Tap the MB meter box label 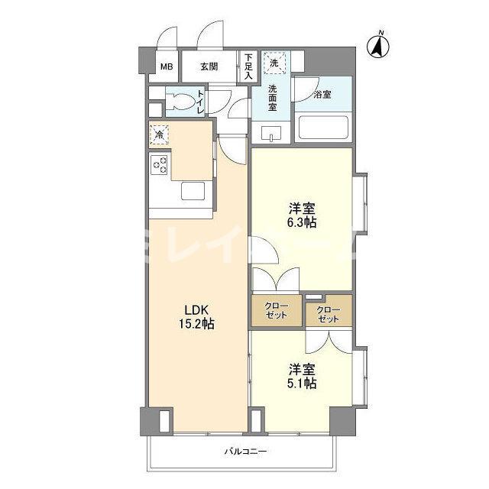[166, 66]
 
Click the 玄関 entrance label [209, 66]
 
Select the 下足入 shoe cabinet [248, 66]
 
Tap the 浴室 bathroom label [322, 95]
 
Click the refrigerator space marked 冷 [158, 134]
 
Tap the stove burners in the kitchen [160, 165]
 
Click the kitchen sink [192, 191]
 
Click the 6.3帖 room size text [303, 223]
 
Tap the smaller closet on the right [328, 312]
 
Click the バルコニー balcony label [245, 452]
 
